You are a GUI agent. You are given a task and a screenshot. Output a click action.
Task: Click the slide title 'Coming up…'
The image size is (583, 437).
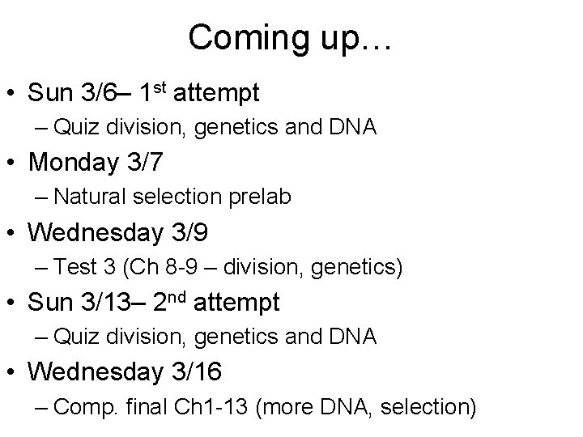coord(291,38)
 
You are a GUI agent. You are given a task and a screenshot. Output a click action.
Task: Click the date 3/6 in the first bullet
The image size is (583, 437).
coord(99,93)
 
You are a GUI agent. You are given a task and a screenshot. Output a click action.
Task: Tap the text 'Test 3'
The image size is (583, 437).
coord(89,267)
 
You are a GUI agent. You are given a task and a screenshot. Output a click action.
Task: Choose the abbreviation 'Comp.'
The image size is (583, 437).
coord(90,407)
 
